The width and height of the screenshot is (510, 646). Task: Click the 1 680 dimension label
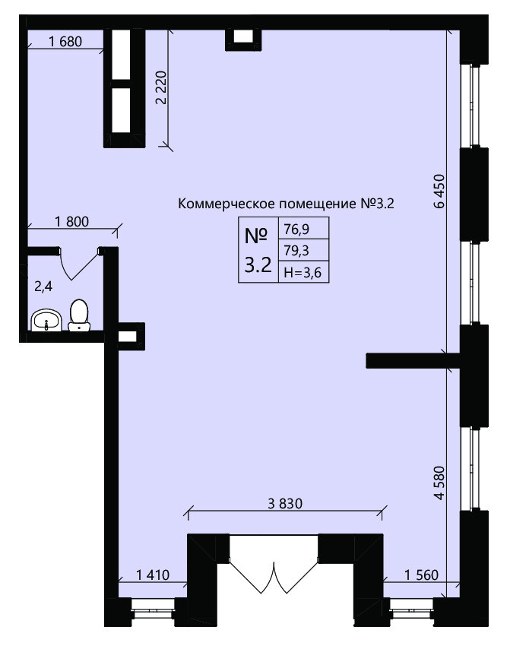click(65, 42)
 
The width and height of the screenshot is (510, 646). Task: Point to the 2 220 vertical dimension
click(169, 88)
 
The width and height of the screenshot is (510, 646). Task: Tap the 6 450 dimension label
click(440, 192)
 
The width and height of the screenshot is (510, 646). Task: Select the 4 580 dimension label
click(440, 483)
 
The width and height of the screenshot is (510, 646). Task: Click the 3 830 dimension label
click(285, 503)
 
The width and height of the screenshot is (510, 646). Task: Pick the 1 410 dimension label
click(153, 575)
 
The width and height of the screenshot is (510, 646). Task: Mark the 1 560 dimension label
click(421, 575)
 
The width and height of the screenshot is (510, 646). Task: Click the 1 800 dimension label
click(71, 222)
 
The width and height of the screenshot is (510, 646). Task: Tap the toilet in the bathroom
click(79, 315)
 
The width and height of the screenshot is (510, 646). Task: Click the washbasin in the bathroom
click(46, 321)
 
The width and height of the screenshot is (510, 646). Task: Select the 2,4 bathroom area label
click(43, 287)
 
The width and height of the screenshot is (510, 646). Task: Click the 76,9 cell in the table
click(303, 228)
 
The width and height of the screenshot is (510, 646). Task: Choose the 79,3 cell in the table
click(303, 250)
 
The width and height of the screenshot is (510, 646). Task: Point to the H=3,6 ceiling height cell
click(303, 272)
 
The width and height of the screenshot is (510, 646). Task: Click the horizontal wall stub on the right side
click(413, 360)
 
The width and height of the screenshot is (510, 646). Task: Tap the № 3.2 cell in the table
click(258, 250)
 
